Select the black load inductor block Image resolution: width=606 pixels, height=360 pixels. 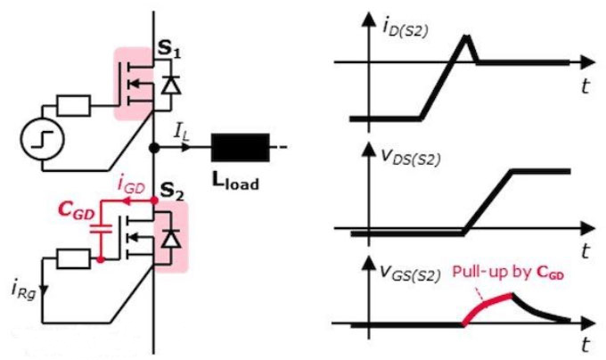240,145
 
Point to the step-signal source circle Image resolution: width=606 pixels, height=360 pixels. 42,141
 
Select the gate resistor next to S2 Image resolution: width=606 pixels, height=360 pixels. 74,258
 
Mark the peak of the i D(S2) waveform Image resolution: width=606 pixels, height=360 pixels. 466,36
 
